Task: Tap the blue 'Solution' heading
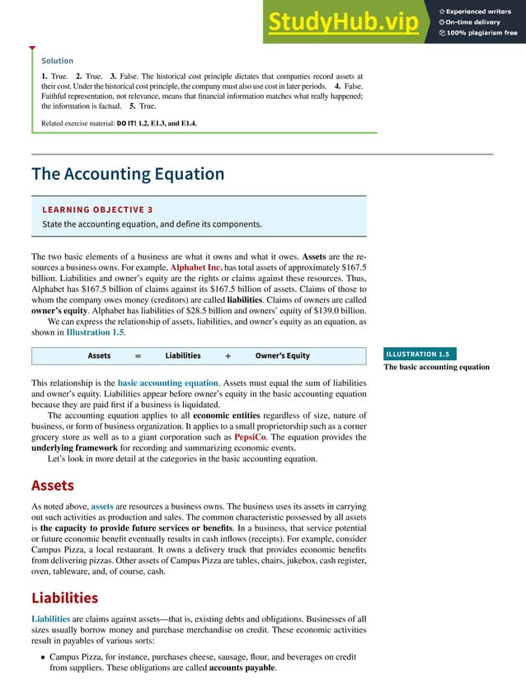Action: coord(58,60)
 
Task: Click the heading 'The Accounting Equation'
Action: coord(128,174)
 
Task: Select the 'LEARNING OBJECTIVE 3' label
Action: coord(97,209)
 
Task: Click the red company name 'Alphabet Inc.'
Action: coord(200,269)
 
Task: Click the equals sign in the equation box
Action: coord(138,355)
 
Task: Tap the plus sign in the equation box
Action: coord(227,355)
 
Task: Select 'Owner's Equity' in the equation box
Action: coord(282,355)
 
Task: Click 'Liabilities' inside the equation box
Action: coord(182,355)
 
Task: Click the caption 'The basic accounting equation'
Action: coord(436,368)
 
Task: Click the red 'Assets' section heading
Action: coord(53,485)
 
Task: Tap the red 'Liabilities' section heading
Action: coord(64,597)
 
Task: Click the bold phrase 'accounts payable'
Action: coord(242,668)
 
